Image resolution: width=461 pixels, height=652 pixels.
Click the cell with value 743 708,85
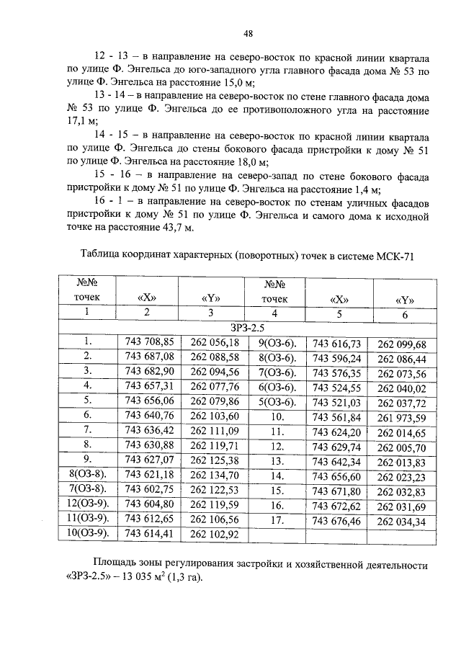click(149, 342)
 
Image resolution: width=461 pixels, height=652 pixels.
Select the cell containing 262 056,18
click(214, 342)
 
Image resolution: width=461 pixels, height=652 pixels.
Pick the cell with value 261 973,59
click(401, 417)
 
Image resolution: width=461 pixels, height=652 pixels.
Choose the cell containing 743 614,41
click(149, 533)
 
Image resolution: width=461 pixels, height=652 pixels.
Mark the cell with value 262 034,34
click(401, 521)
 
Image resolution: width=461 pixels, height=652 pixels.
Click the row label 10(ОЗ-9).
click(86, 533)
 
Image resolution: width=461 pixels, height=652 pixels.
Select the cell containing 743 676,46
click(336, 519)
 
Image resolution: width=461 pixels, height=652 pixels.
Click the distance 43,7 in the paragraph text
click(171, 228)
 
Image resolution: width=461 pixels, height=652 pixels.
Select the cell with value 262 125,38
click(214, 459)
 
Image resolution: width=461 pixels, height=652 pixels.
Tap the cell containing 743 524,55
click(336, 387)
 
